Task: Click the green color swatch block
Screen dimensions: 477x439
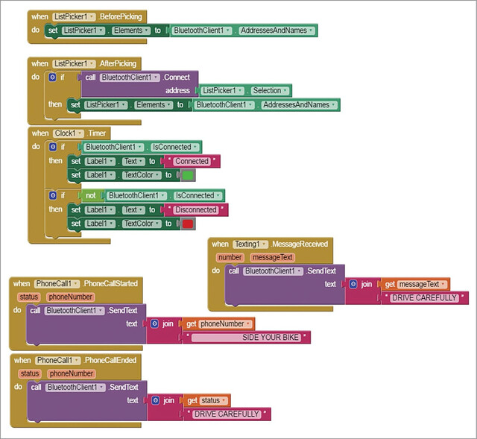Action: tap(188, 175)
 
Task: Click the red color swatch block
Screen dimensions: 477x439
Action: tap(188, 224)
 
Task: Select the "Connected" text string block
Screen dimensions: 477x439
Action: tap(192, 161)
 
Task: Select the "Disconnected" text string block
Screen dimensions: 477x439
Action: tap(196, 209)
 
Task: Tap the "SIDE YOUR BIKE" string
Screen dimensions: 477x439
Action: tap(246, 338)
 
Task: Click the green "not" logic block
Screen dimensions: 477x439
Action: tap(91, 195)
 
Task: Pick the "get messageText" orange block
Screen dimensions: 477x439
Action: tap(415, 284)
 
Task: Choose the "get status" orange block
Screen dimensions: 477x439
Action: tap(207, 400)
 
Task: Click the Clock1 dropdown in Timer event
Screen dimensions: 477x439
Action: tap(69, 133)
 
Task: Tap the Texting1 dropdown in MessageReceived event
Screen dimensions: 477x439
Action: tap(250, 244)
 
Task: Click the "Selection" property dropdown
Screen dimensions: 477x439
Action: tap(270, 90)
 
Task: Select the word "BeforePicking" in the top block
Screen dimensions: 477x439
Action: tap(121, 16)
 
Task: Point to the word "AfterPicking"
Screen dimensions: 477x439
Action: tap(118, 63)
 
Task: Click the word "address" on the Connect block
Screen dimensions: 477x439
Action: tap(177, 90)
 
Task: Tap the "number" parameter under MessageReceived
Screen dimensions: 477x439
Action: tap(230, 257)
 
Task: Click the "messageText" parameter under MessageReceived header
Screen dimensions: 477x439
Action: tap(273, 257)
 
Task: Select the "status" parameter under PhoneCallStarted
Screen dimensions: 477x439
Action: tap(29, 297)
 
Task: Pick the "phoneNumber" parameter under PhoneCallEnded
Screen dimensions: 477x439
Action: tap(72, 373)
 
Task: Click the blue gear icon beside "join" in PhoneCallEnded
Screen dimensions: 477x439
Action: tap(156, 400)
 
